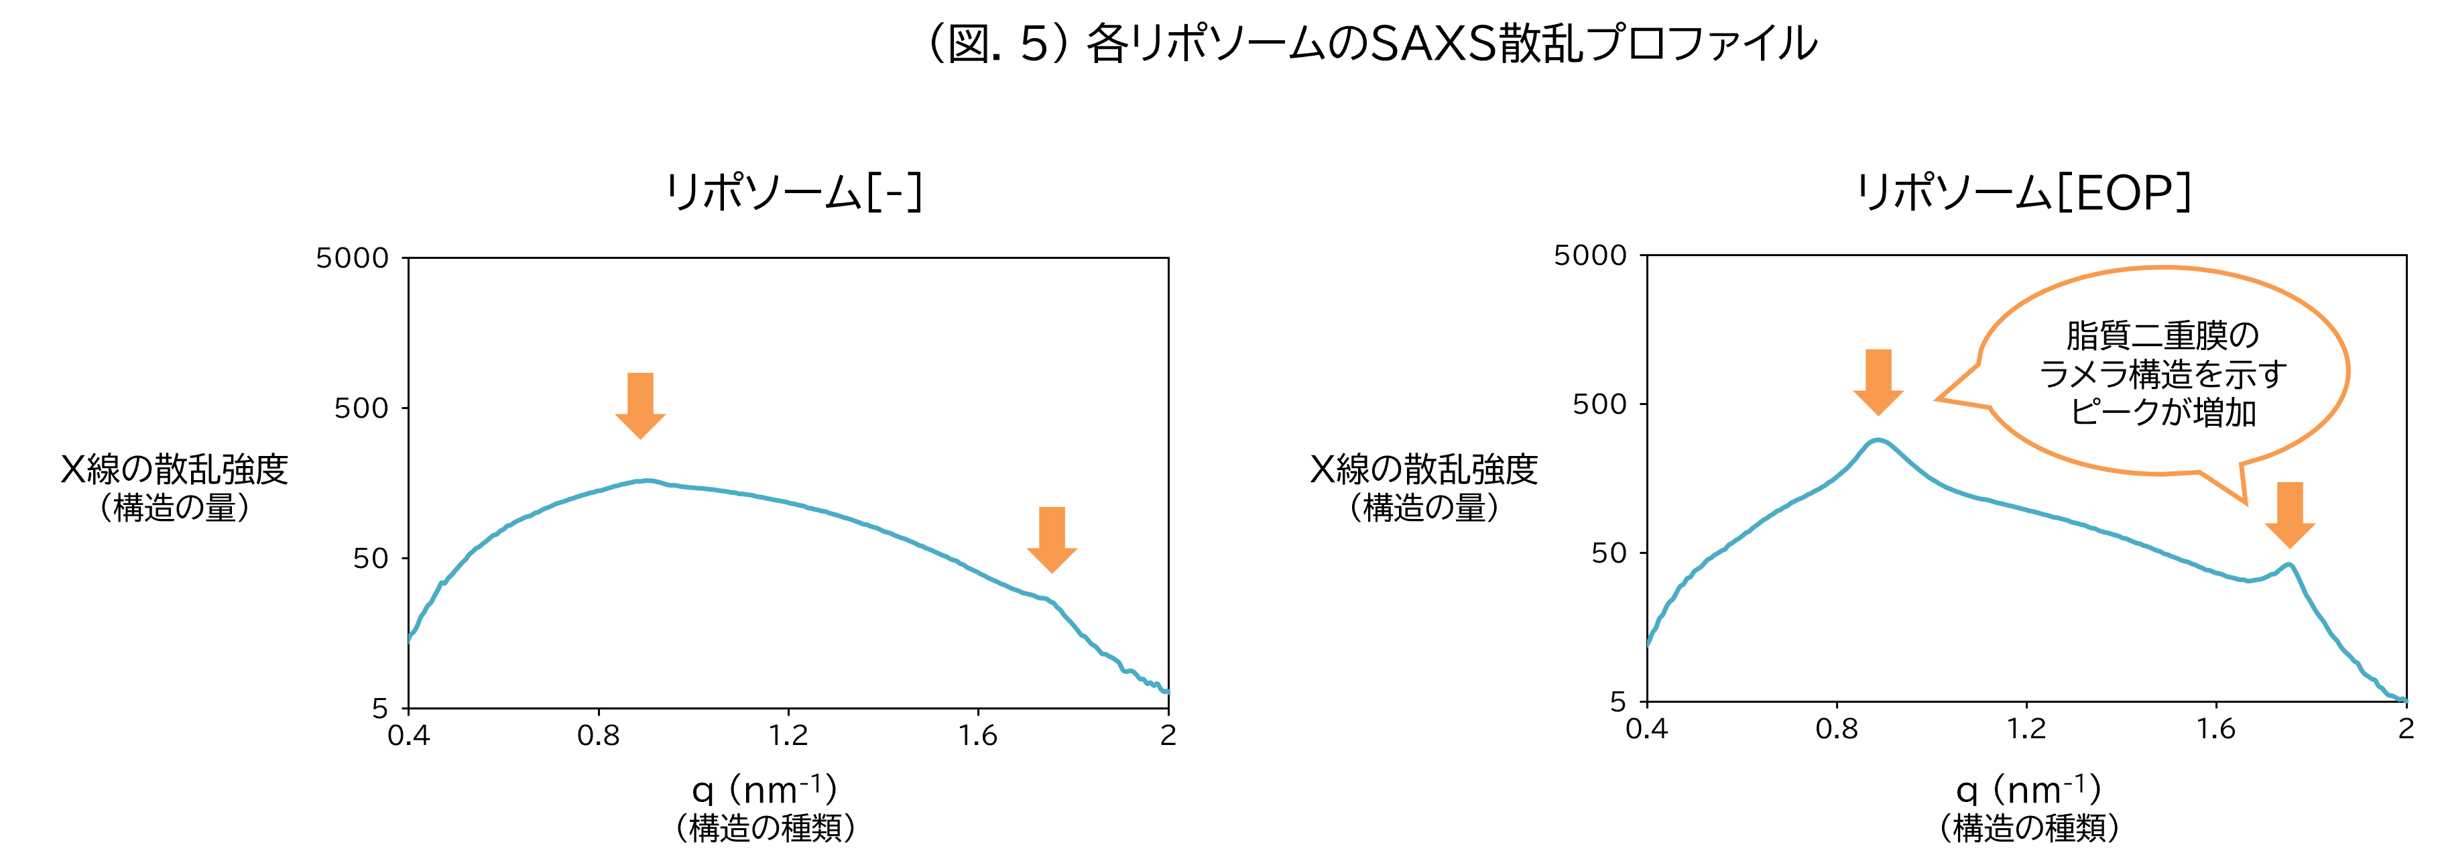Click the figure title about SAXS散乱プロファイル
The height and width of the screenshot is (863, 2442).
1371,44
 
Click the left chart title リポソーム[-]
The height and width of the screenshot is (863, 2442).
794,192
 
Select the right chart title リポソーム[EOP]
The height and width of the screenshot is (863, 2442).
2024,192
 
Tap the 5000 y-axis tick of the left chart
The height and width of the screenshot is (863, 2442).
353,258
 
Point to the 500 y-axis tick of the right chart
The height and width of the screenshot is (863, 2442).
1599,404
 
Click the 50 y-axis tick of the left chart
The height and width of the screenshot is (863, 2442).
371,559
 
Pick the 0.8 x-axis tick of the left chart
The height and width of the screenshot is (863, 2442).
598,735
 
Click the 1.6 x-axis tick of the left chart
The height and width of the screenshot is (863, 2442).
977,735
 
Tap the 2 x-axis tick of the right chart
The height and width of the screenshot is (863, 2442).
2406,728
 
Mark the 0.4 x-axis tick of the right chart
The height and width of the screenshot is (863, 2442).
1646,728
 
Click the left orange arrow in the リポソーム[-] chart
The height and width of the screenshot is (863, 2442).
641,406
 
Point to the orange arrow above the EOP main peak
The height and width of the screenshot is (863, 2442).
1878,382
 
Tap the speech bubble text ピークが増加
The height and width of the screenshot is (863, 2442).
2163,412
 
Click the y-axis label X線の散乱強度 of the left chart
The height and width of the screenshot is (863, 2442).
174,469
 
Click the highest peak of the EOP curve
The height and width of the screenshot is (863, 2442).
1877,440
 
